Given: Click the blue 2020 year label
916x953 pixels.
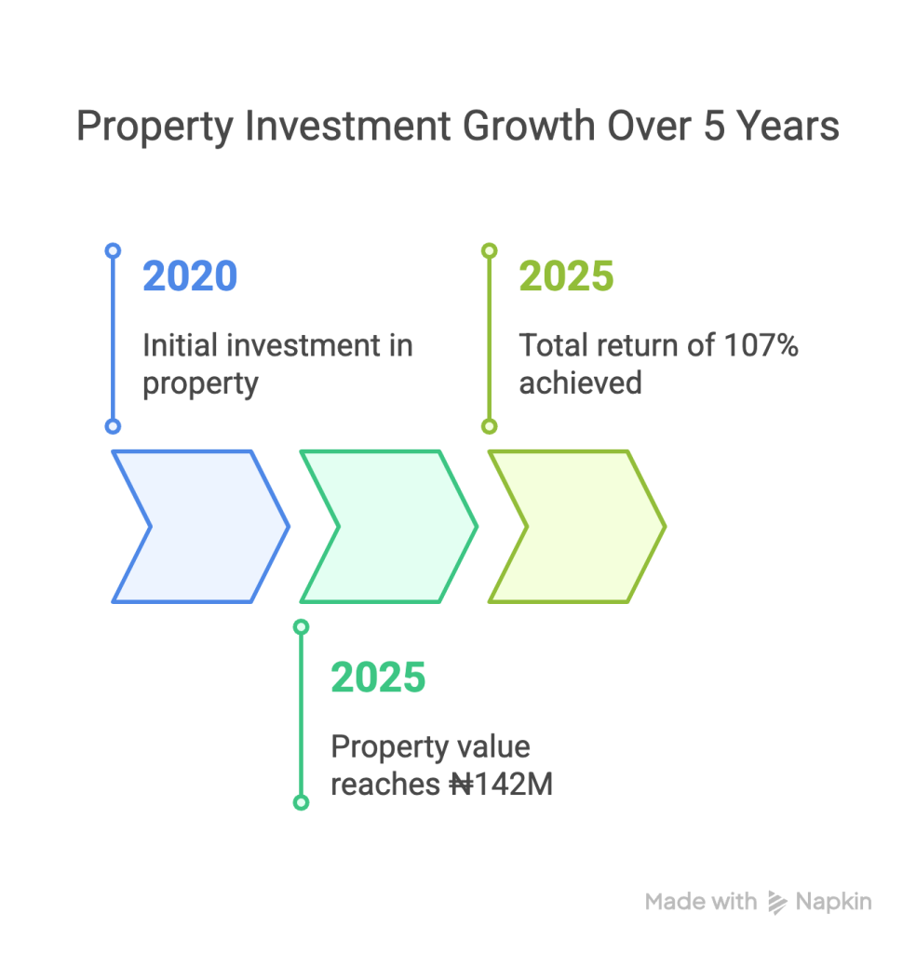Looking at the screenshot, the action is pos(190,275).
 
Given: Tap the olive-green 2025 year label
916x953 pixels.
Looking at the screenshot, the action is pos(566,275).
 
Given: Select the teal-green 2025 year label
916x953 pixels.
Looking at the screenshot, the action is pos(378,678).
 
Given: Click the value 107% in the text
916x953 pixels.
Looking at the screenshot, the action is pos(761,345).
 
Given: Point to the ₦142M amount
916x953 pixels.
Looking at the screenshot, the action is pos(502,784).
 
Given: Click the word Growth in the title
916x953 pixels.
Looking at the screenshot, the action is pos(529,127).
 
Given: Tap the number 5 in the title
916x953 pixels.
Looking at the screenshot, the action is pos(714,127).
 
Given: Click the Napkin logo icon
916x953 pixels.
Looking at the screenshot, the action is pos(776,903).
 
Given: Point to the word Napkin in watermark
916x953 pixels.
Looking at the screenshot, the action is pos(833,902).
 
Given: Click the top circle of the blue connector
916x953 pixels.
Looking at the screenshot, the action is pos(113,250).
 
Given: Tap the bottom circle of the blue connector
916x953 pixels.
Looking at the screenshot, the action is pos(113,426).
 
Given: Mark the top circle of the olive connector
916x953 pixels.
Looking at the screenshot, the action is pos(490,250).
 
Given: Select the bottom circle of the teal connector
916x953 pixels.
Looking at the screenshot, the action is pos(301,802).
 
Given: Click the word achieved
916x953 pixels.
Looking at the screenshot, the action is pos(581,383).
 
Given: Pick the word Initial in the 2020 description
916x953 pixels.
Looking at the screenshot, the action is pos(180,345).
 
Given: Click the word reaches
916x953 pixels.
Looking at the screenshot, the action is pos(385,784).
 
